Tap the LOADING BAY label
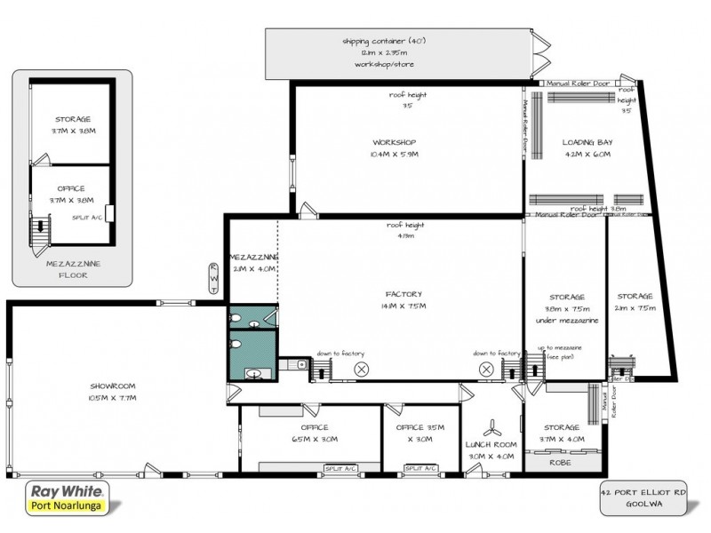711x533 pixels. coord(587,147)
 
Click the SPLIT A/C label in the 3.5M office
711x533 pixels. coord(421,468)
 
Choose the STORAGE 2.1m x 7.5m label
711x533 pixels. coord(635,302)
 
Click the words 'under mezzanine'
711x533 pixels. coord(566,320)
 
